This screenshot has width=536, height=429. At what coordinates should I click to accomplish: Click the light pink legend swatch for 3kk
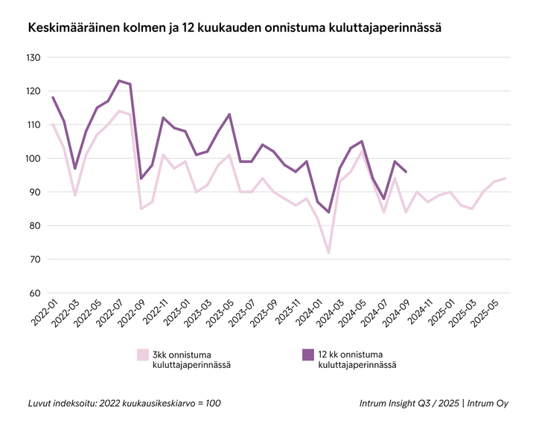point(142,355)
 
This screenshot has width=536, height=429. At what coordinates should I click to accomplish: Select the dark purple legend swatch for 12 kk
point(307,355)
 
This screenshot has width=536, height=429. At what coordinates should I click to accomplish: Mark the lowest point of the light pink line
point(328,252)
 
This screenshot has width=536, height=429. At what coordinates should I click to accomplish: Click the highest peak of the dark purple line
point(119,80)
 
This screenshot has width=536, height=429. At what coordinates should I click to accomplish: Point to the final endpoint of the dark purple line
point(406,172)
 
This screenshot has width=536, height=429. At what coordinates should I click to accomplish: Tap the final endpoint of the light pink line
point(506,178)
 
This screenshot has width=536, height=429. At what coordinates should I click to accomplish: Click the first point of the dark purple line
point(52,98)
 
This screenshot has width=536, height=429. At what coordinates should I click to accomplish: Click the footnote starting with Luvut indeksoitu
point(124,403)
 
